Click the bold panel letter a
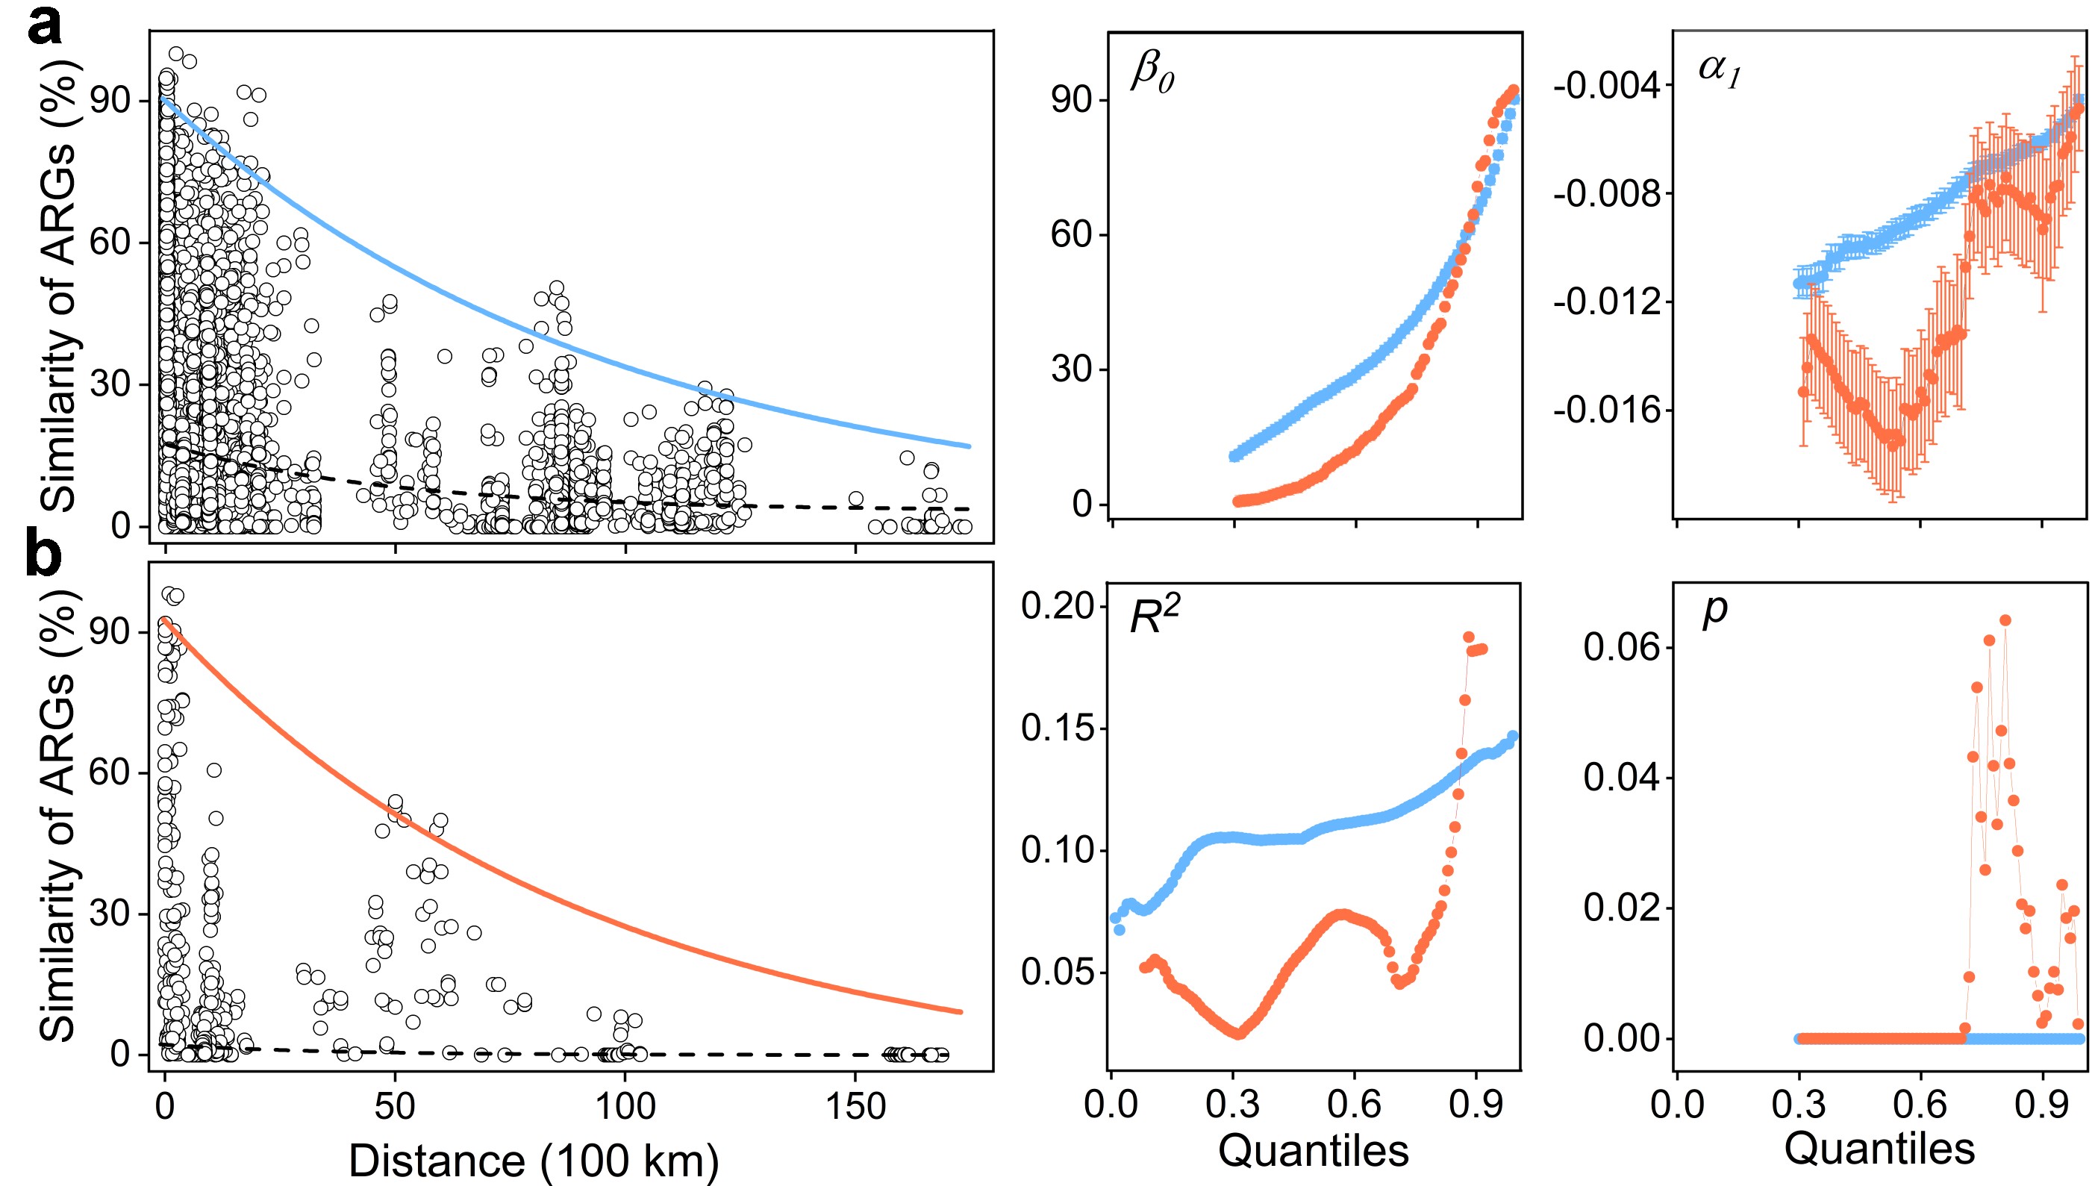pyautogui.click(x=45, y=26)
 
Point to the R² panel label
pyautogui.click(x=1155, y=616)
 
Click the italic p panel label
pyautogui.click(x=1714, y=611)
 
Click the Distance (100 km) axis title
pyautogui.click(x=534, y=1160)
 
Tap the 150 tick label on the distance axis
pyautogui.click(x=855, y=1106)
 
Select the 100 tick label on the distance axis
pyautogui.click(x=625, y=1106)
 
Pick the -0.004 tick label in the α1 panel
pyautogui.click(x=1606, y=86)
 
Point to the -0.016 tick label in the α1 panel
pyautogui.click(x=1606, y=410)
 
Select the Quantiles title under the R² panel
pyautogui.click(x=1313, y=1150)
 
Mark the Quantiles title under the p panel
pyautogui.click(x=1880, y=1149)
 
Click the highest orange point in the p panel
pyautogui.click(x=2005, y=621)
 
